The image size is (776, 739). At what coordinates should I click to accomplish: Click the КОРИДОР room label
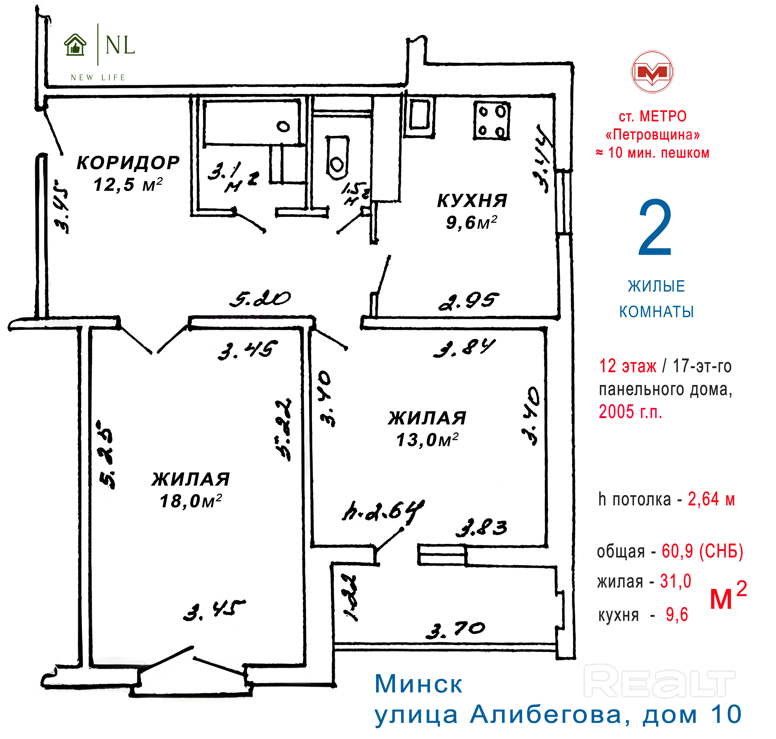click(x=128, y=163)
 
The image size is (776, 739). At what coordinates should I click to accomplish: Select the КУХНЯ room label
click(x=472, y=201)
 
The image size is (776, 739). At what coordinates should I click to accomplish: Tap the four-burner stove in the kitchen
click(x=491, y=121)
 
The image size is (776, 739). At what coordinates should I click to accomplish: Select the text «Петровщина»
click(x=653, y=135)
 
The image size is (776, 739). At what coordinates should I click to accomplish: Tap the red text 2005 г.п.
click(x=630, y=412)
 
